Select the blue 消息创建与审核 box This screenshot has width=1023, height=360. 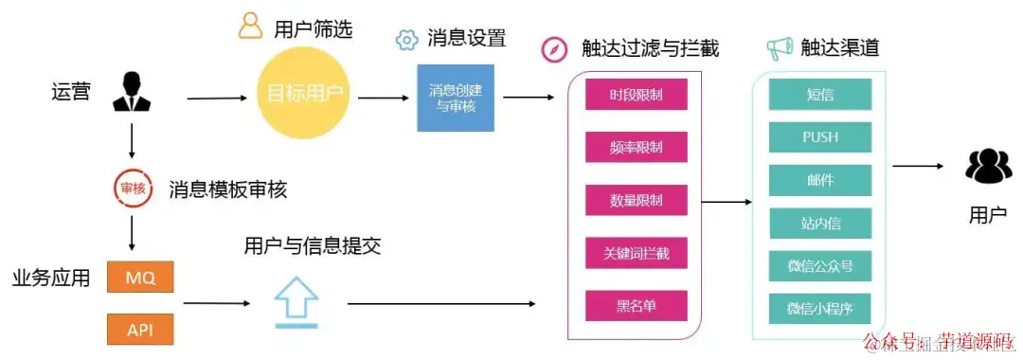pyautogui.click(x=451, y=98)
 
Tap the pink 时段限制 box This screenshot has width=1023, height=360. pyautogui.click(x=636, y=95)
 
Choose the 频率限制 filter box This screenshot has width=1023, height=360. pyautogui.click(x=636, y=148)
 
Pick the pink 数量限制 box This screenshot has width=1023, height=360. pyautogui.click(x=636, y=201)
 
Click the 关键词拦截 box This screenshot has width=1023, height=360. pyautogui.click(x=636, y=253)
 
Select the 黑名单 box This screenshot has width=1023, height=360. pyautogui.click(x=636, y=306)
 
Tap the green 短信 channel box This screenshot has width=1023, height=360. pyautogui.click(x=819, y=95)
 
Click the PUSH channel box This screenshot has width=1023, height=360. pyautogui.click(x=819, y=137)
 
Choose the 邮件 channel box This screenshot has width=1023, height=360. pyautogui.click(x=819, y=180)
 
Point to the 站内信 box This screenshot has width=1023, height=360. pyautogui.click(x=819, y=224)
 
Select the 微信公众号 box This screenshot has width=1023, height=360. pyautogui.click(x=819, y=266)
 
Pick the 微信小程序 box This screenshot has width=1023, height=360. pyautogui.click(x=819, y=309)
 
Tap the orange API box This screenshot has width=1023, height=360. pyautogui.click(x=139, y=329)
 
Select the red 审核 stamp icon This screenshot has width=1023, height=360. pyautogui.click(x=132, y=188)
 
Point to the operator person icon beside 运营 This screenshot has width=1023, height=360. pyautogui.click(x=132, y=92)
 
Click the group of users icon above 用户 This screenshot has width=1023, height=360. pyautogui.click(x=988, y=168)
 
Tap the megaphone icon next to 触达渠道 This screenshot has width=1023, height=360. pyautogui.click(x=779, y=46)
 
